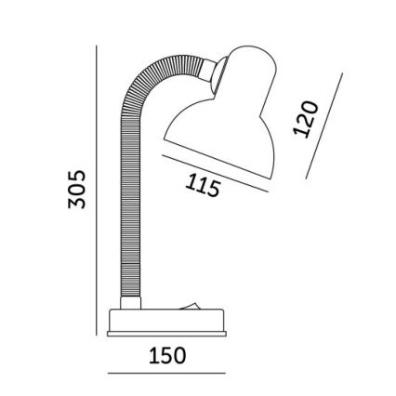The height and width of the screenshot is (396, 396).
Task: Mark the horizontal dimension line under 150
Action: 168,374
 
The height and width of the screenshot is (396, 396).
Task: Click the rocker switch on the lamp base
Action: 192,302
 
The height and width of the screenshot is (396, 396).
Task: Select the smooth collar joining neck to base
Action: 129,302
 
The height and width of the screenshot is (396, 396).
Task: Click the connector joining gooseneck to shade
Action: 222,70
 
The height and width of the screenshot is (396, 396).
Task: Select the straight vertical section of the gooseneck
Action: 129,214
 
